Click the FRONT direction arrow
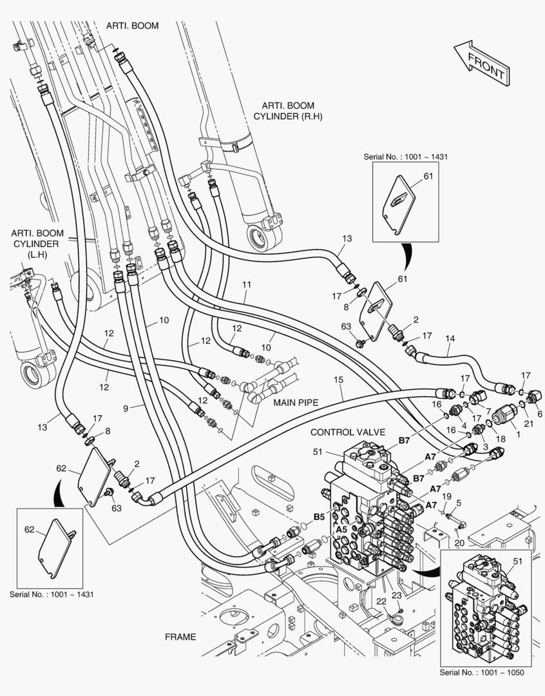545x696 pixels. [x=482, y=63]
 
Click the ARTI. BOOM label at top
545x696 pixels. [x=132, y=26]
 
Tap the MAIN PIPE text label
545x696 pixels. [x=296, y=403]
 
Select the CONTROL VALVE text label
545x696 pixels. [x=347, y=432]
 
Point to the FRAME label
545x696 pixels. [x=180, y=637]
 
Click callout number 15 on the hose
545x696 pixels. [x=339, y=380]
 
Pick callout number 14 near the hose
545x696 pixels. [x=450, y=339]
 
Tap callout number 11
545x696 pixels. [x=247, y=285]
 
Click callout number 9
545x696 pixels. [x=126, y=407]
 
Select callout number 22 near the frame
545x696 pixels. [x=381, y=601]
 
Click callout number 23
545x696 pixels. [x=396, y=595]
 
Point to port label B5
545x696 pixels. [x=320, y=517]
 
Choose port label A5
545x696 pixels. [x=341, y=530]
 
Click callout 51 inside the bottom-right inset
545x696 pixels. [x=518, y=561]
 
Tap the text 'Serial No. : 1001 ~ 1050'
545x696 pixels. [x=481, y=672]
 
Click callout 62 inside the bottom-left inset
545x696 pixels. [x=29, y=530]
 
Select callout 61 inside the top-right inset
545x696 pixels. [x=428, y=176]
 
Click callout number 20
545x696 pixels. [x=459, y=543]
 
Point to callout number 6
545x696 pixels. [x=540, y=414]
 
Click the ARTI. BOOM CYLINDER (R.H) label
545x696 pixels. [x=287, y=111]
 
